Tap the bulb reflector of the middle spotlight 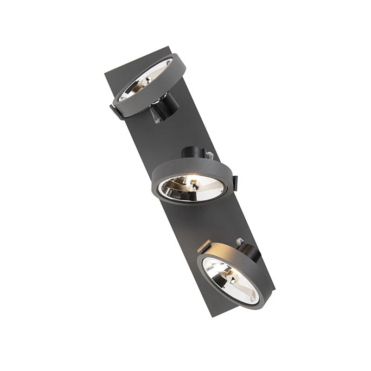(191, 187)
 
